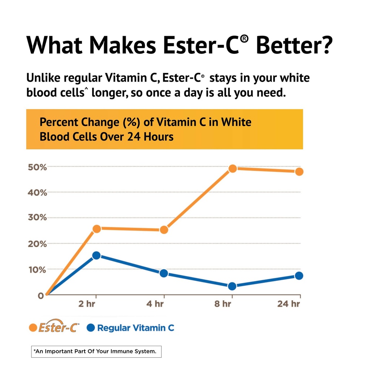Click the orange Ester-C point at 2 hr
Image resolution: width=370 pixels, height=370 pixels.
pyautogui.click(x=96, y=228)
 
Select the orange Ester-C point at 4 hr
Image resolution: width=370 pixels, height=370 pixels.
pyautogui.click(x=164, y=229)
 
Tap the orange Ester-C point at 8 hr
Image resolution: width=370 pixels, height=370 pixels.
pyautogui.click(x=233, y=168)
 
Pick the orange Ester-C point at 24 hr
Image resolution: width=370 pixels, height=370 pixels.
pyautogui.click(x=299, y=171)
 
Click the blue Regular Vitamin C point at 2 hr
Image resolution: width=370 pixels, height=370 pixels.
pyautogui.click(x=96, y=255)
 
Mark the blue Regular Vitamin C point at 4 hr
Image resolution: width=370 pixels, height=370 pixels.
pyautogui.click(x=164, y=273)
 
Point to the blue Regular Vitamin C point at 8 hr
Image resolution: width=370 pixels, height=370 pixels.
pyautogui.click(x=232, y=286)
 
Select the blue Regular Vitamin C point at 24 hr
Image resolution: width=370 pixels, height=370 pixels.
pyautogui.click(x=299, y=275)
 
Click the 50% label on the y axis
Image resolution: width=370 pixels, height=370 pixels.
pyautogui.click(x=37, y=167)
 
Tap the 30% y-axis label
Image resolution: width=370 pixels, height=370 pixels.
pyautogui.click(x=37, y=218)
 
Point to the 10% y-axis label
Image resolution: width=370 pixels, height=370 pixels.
pyautogui.click(x=37, y=270)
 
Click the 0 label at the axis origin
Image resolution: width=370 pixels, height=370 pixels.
pyautogui.click(x=41, y=295)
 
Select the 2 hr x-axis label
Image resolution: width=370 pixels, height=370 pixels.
pyautogui.click(x=87, y=304)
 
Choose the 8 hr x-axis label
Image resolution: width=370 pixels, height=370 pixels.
pyautogui.click(x=223, y=304)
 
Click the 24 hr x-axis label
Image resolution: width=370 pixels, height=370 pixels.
pyautogui.click(x=288, y=304)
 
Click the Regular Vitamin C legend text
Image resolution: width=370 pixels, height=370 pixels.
pyautogui.click(x=135, y=328)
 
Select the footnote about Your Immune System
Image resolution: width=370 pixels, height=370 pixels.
pyautogui.click(x=96, y=352)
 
